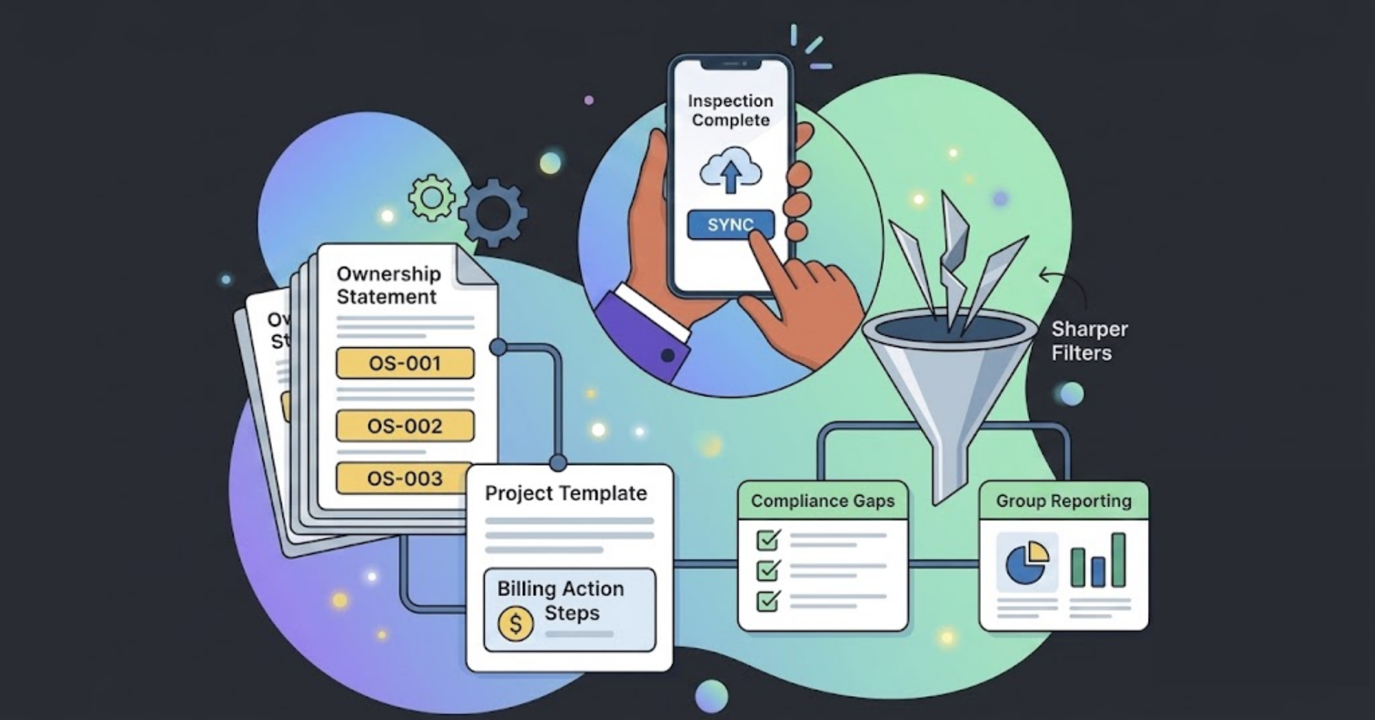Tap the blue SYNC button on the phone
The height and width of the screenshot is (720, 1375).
tap(730, 224)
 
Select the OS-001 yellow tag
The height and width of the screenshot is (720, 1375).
tap(405, 363)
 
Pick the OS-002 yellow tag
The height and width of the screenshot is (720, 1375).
tap(405, 426)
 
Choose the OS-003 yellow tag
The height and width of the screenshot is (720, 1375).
tap(405, 478)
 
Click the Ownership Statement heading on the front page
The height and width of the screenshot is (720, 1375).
tap(389, 285)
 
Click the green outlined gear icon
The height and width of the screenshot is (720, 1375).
tap(432, 197)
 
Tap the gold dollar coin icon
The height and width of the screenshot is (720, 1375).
tap(516, 623)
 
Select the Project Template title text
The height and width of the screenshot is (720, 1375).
tap(566, 494)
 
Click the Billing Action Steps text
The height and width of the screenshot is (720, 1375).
tap(561, 600)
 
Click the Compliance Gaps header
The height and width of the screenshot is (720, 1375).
tap(823, 501)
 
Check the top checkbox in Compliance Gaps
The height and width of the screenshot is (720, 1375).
tap(768, 539)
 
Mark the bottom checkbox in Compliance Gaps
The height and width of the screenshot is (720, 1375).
tap(768, 600)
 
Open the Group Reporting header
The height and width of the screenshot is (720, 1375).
tap(1063, 501)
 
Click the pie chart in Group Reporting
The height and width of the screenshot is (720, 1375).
tap(1026, 563)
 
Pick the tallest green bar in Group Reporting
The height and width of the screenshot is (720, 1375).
tap(1119, 560)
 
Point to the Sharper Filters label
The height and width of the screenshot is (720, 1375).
tap(1089, 341)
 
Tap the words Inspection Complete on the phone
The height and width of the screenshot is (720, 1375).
tap(730, 110)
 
